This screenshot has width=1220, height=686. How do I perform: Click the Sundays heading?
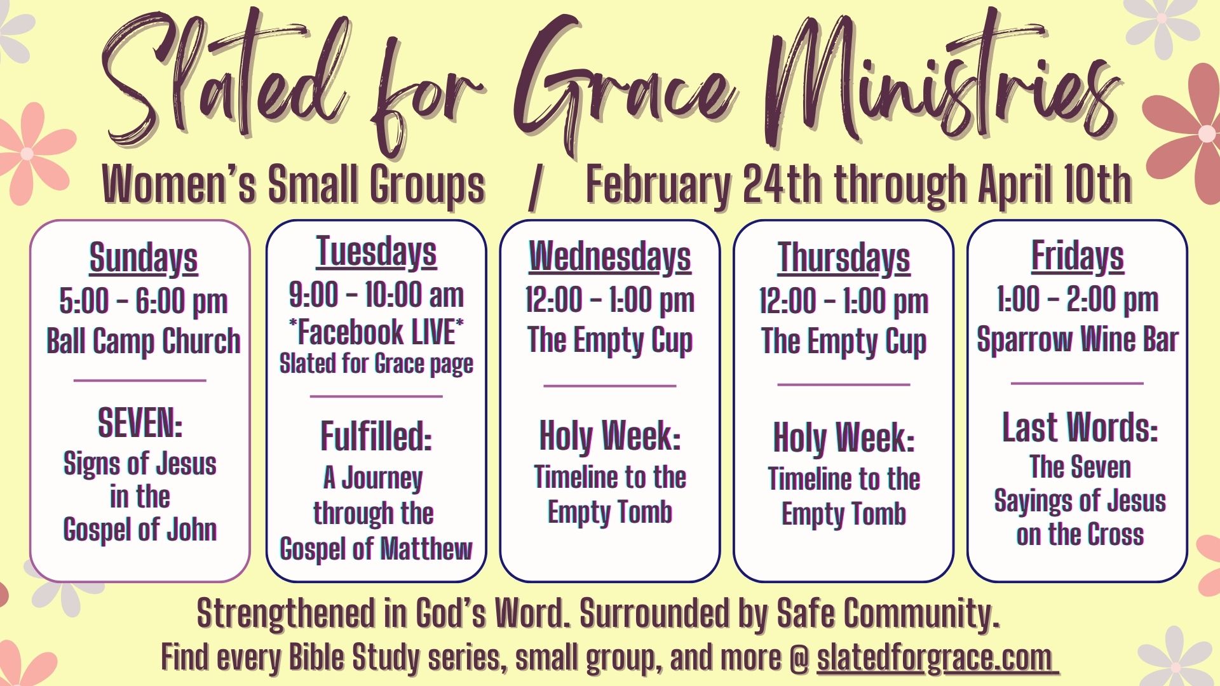click(144, 258)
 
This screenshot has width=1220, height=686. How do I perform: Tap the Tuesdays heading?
click(376, 252)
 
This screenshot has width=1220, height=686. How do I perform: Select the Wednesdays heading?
click(610, 257)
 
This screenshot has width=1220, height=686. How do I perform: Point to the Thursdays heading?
click(844, 258)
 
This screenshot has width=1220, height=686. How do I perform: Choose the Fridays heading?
click(1078, 256)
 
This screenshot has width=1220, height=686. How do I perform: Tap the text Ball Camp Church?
click(144, 342)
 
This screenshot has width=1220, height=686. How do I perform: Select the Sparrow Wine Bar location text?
click(1078, 340)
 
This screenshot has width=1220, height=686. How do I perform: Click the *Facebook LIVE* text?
click(376, 332)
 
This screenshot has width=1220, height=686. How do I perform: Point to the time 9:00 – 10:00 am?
click(376, 295)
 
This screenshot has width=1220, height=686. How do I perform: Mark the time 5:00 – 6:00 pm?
click(144, 302)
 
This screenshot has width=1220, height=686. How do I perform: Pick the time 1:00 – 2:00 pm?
click(1078, 300)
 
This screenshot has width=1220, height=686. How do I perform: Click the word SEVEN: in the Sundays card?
click(140, 423)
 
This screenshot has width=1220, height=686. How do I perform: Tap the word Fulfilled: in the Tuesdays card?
click(376, 436)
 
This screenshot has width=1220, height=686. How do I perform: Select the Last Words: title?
click(1080, 427)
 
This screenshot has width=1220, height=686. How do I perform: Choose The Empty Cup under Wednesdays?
click(610, 341)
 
